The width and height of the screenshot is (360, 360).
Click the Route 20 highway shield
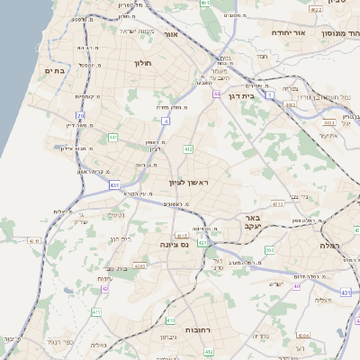pos(80,115)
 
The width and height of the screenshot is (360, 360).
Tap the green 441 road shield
pos(113,137)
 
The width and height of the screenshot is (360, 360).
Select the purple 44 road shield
pos(217,93)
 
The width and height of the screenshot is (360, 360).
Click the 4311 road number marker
pos(36,241)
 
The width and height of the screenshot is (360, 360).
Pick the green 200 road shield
pos(270,238)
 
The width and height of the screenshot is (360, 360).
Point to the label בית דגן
pos(262,94)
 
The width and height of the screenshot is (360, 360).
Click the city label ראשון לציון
pos(188,183)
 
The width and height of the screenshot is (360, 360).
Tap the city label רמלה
pos(332,245)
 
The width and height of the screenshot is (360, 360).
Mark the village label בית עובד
pos(118,267)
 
